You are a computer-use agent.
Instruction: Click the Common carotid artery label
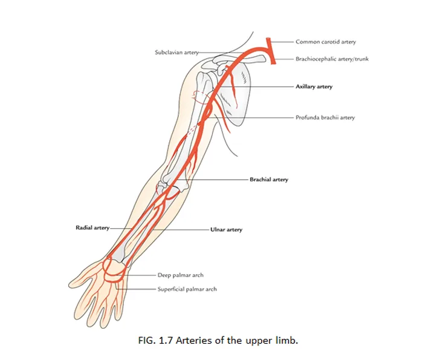point(325,42)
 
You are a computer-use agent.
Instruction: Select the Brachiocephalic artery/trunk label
point(332,59)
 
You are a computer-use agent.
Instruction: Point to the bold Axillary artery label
point(314,87)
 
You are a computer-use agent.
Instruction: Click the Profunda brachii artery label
point(325,117)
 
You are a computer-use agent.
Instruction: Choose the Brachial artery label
point(269,180)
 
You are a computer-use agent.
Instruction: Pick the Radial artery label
point(92,227)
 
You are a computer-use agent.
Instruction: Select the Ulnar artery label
point(226,230)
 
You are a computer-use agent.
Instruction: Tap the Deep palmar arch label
point(181,275)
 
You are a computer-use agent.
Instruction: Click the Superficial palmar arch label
point(187,289)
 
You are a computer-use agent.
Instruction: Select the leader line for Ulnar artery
point(181,230)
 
